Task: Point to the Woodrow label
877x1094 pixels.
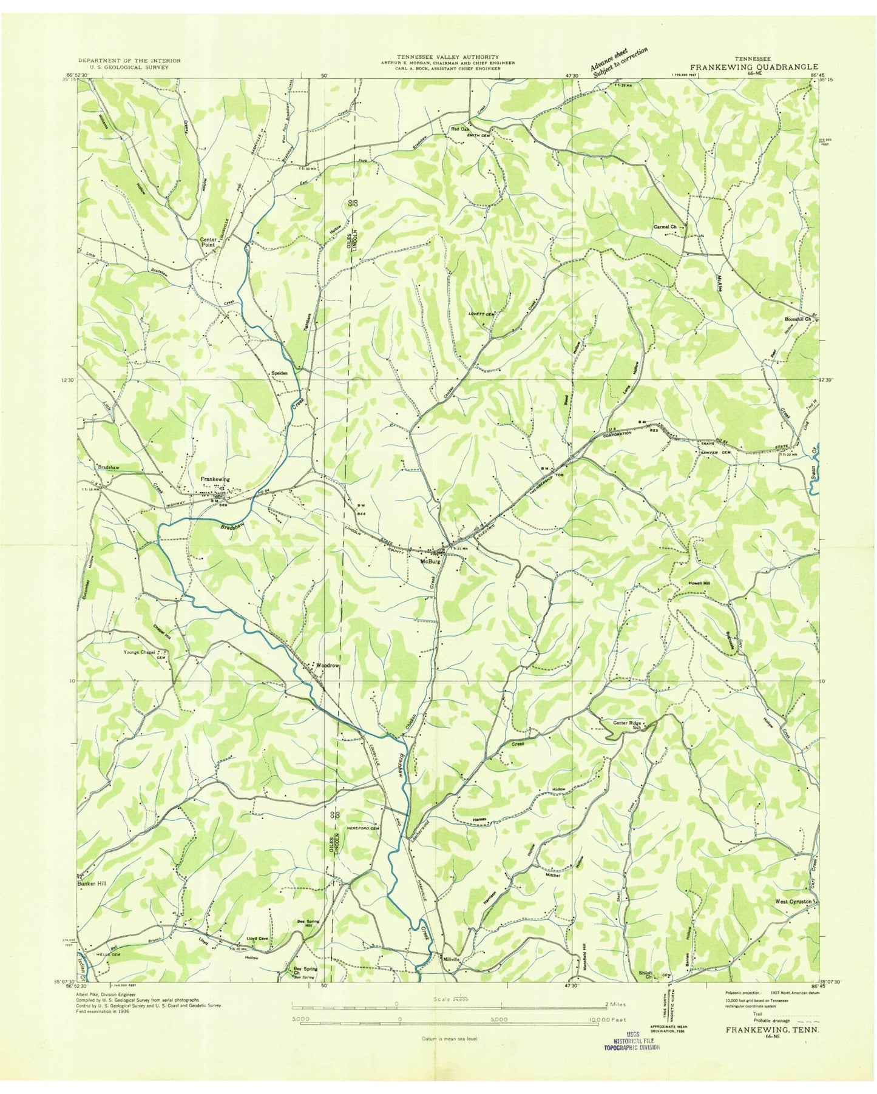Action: (325, 666)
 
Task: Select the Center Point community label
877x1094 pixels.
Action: (208, 243)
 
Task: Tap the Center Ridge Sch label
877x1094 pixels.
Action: (627, 723)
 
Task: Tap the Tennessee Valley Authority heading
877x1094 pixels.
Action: (448, 56)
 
